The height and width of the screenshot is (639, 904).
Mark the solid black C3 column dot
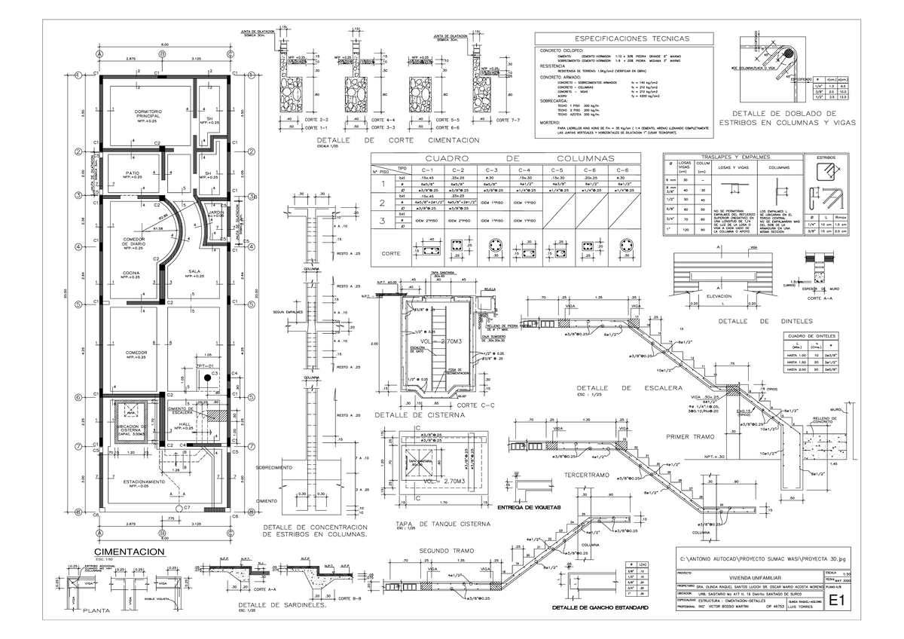click(204, 380)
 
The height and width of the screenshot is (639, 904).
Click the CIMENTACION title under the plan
click(136, 552)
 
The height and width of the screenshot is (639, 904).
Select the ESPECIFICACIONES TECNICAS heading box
click(611, 38)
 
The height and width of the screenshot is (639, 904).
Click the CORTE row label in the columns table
click(390, 254)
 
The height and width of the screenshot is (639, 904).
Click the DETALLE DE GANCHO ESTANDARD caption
click(600, 607)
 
